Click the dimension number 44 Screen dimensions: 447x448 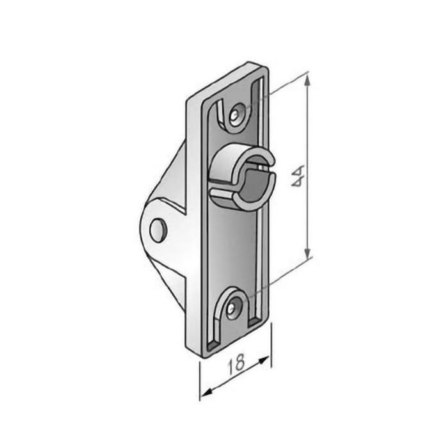pos(297,176)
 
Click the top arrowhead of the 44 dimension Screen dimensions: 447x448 pos(307,79)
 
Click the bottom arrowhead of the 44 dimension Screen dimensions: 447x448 pos(307,253)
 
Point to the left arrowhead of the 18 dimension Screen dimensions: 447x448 pos(206,392)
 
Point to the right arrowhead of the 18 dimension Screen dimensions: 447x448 pos(263,360)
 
